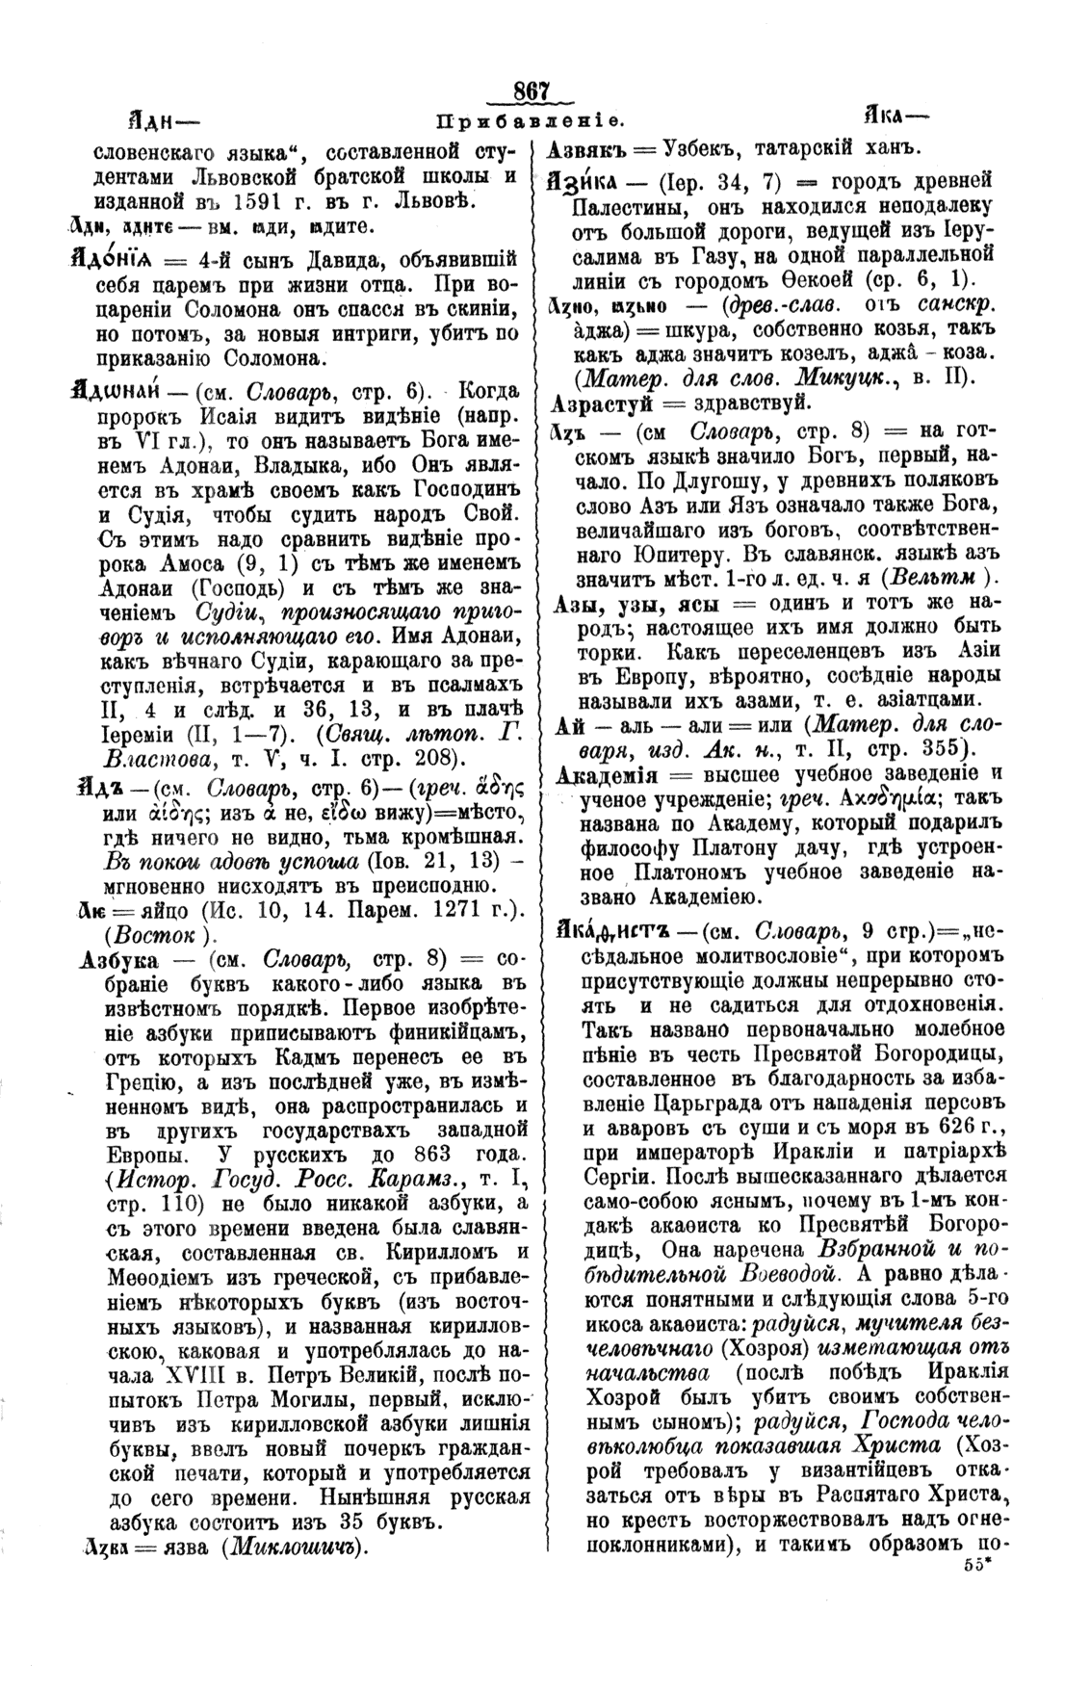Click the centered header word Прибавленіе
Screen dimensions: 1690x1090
point(531,122)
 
